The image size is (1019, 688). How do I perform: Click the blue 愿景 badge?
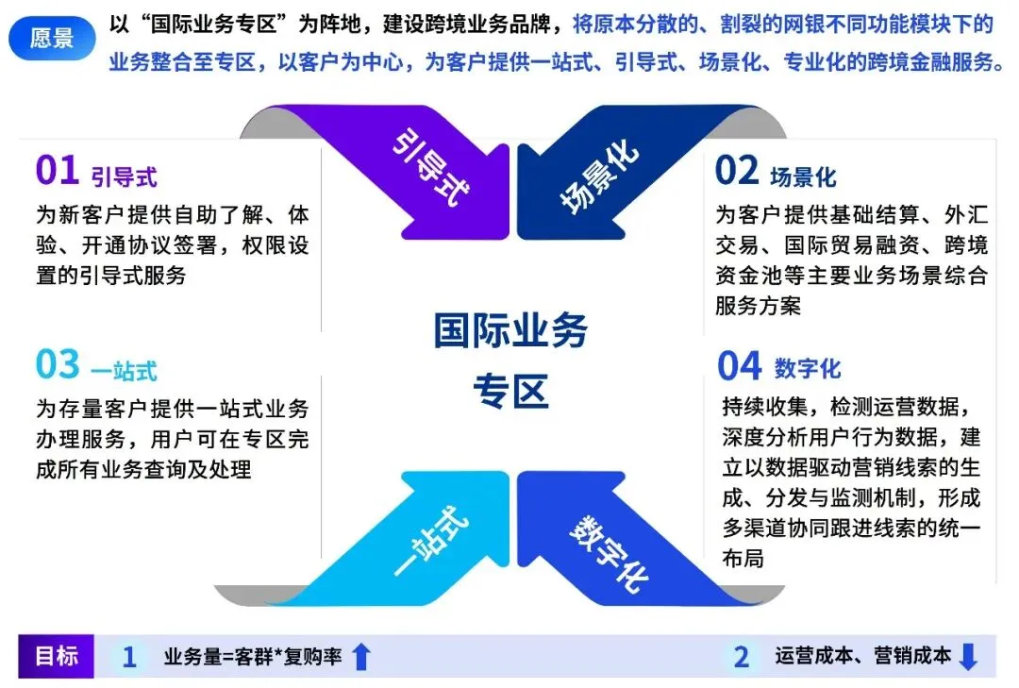coord(52,39)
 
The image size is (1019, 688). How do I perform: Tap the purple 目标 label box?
coord(57,656)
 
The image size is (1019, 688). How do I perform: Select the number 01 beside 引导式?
coord(58,172)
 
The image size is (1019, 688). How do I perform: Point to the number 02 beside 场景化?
coord(737,172)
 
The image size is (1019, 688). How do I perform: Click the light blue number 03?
coord(58,365)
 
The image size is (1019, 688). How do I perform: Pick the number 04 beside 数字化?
coord(739,365)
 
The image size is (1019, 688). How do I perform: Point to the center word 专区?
coord(510,390)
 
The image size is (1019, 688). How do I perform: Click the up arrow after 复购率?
coord(360,657)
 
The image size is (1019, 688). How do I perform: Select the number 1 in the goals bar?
coord(129,657)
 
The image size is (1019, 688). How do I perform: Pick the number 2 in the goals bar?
coord(742,657)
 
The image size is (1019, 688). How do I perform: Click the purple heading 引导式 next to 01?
coord(124,176)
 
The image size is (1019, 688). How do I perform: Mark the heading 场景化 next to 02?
coord(803,176)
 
